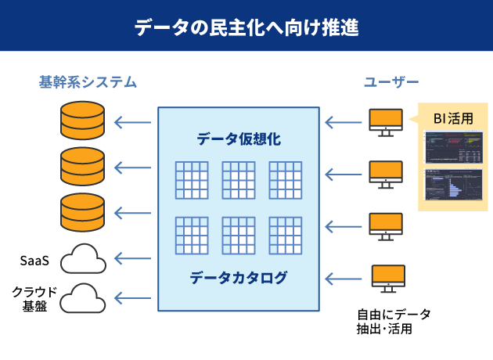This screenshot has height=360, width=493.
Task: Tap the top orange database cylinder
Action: [82, 120]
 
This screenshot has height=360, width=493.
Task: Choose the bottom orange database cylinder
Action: [82, 211]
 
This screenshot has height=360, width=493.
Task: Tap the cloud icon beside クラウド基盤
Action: [82, 297]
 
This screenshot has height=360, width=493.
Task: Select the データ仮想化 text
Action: [239, 139]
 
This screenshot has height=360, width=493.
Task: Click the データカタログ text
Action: [239, 277]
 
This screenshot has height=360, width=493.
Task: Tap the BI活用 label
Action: [453, 119]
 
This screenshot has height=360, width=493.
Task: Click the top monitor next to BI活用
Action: [385, 121]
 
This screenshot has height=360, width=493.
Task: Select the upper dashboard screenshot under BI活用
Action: [454, 147]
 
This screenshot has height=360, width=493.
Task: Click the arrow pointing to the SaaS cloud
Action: [132, 257]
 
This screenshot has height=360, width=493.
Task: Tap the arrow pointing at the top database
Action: [132, 121]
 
